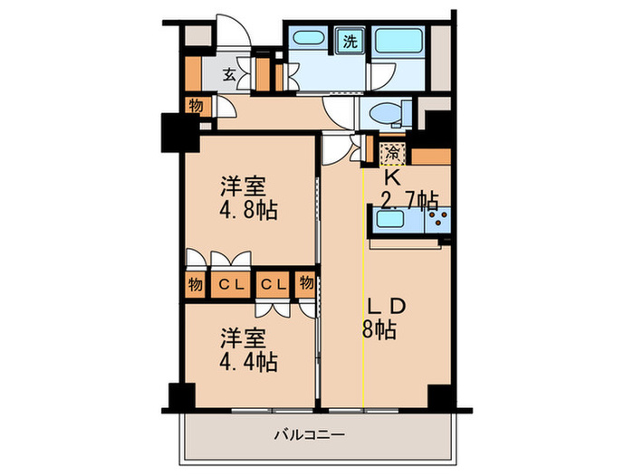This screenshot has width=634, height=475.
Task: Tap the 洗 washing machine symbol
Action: click(x=349, y=40)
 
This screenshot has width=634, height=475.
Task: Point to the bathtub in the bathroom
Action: click(x=401, y=42)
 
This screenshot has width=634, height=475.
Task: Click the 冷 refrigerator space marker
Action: click(x=391, y=151)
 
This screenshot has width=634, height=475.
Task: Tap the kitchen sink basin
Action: click(x=398, y=221)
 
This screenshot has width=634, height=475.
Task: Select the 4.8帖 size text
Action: click(x=246, y=211)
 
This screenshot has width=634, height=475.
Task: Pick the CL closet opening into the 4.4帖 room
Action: click(x=274, y=283)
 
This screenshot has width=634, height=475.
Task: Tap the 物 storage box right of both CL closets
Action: click(x=306, y=283)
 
